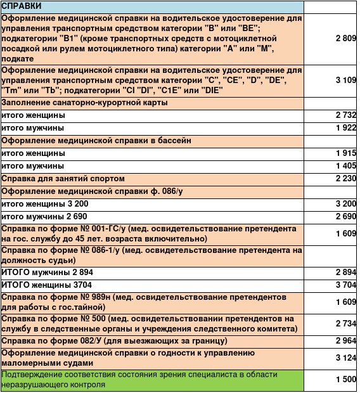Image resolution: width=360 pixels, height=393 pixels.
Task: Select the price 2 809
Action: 346,39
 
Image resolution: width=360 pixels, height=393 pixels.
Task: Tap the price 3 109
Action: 346,80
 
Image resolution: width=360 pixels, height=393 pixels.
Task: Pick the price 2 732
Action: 346,115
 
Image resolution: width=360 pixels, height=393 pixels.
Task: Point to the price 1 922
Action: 346,128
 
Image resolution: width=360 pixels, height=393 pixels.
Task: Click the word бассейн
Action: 170,141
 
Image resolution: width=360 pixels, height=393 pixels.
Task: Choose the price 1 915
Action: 346,153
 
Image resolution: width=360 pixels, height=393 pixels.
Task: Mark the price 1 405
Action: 346,166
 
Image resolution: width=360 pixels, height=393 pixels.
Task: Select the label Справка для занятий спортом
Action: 63,179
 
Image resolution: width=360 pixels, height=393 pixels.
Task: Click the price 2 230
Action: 346,179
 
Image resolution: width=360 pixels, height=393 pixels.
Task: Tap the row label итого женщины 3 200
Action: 45,204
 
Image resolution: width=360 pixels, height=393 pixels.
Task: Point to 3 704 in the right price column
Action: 346,285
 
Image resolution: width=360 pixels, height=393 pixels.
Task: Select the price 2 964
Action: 346,341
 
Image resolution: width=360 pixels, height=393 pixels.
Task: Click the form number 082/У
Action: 94,341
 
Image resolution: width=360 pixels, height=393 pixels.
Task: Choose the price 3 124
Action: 346,359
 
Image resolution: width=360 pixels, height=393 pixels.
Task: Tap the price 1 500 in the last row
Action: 346,379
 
